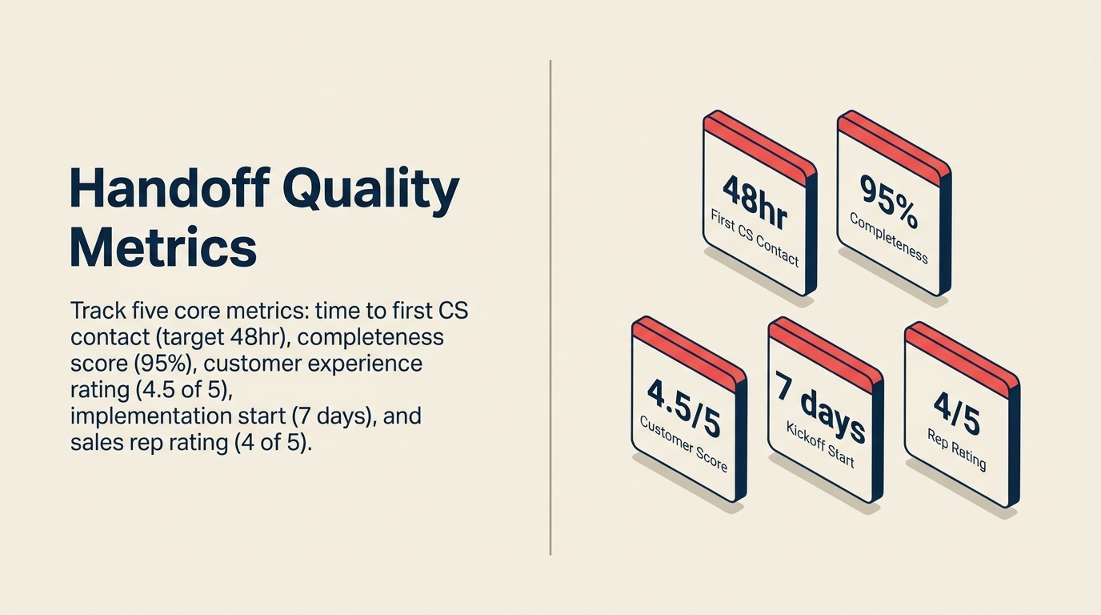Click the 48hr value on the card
click(x=755, y=201)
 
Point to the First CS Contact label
click(x=754, y=237)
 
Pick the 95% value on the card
click(x=888, y=198)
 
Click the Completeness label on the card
click(x=888, y=237)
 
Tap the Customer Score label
click(x=683, y=443)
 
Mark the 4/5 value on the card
click(x=956, y=411)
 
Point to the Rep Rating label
click(x=956, y=448)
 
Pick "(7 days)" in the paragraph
click(x=331, y=416)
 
